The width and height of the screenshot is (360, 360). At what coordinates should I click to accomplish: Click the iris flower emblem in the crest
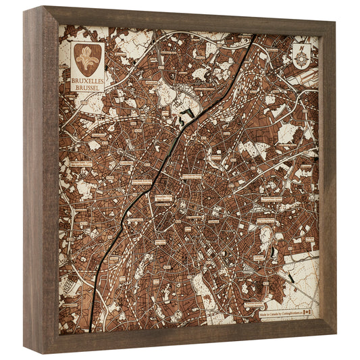[x=88, y=59]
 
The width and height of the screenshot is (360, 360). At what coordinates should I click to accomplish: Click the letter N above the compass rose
[x=301, y=46]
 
